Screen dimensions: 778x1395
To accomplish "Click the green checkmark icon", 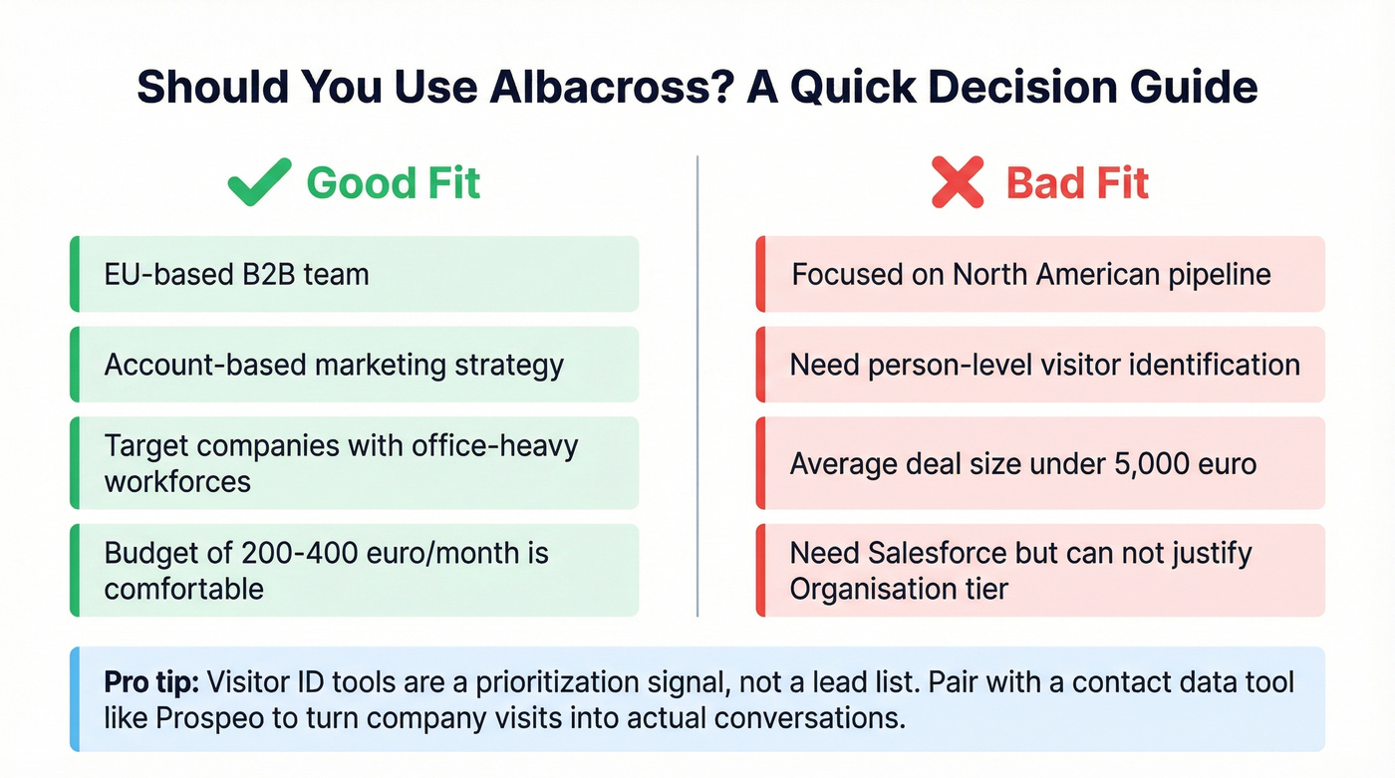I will click(x=259, y=183).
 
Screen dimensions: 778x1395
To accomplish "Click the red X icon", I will click(x=957, y=183).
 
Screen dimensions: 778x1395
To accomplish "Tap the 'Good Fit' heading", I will click(x=393, y=183).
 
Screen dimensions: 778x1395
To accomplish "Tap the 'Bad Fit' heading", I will click(x=1077, y=183).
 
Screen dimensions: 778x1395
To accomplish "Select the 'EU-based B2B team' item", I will click(x=236, y=274).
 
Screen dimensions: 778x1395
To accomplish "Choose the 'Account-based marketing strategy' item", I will click(x=334, y=365).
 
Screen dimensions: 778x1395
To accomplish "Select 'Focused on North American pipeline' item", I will click(x=1031, y=274).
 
